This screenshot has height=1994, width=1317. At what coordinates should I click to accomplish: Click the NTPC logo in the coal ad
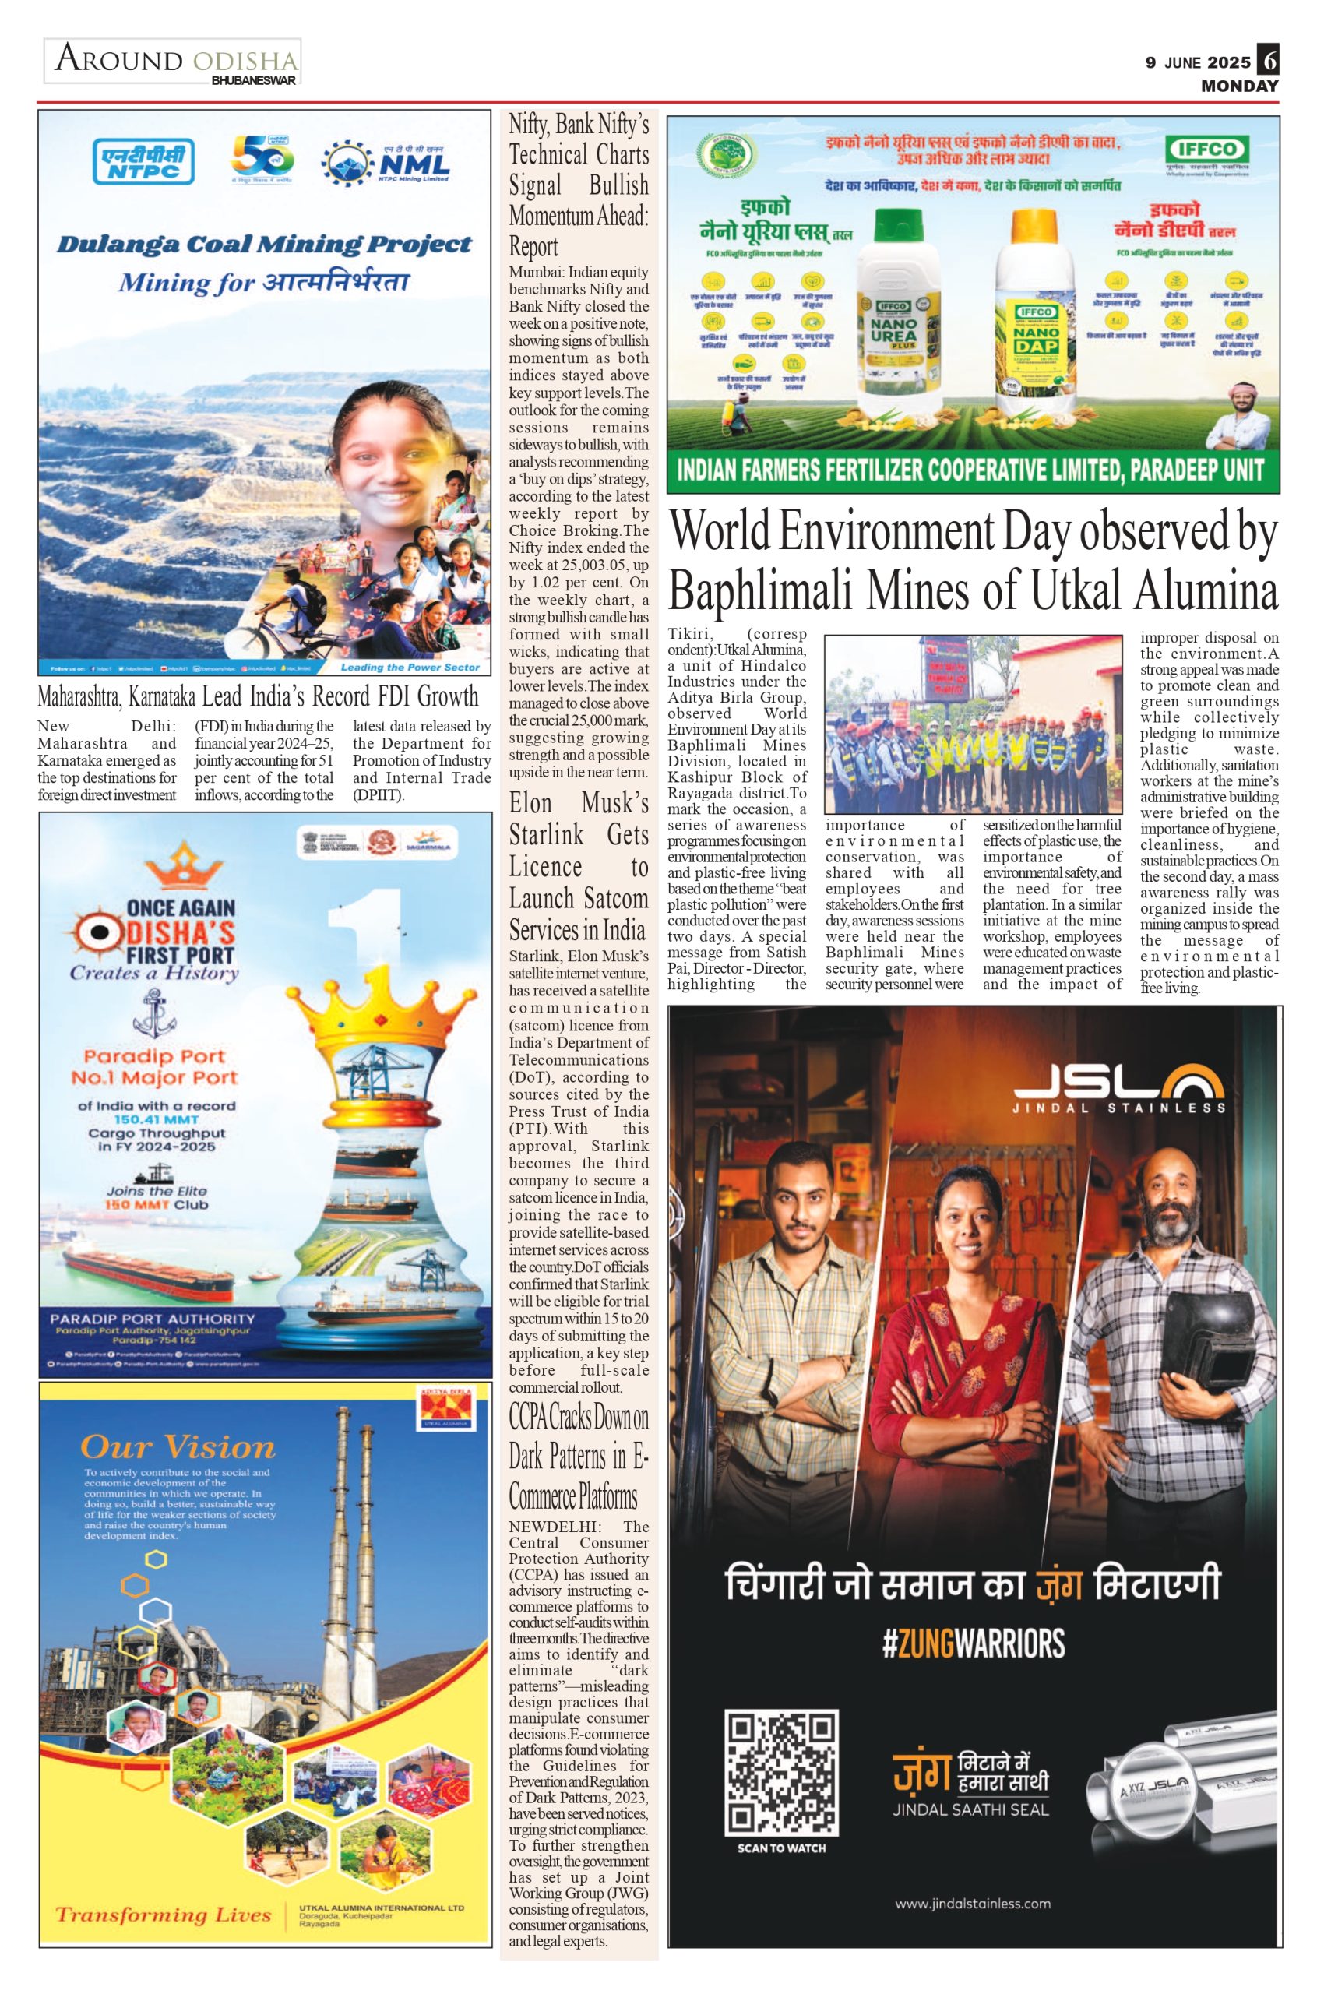(x=143, y=161)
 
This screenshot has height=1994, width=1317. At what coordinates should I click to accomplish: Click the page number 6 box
(x=1267, y=62)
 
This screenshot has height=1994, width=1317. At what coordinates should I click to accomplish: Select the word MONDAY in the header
(x=1239, y=86)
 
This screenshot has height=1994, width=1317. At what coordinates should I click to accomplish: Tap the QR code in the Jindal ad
(x=781, y=1771)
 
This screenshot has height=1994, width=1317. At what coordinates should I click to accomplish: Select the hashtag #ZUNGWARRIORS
(x=974, y=1643)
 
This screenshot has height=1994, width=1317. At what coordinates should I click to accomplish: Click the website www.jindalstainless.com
(x=973, y=1904)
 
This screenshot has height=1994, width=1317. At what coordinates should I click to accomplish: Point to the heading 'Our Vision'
(x=178, y=1446)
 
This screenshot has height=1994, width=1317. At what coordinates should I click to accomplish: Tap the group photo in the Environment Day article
(x=973, y=724)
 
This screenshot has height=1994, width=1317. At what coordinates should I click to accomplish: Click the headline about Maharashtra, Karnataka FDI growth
(x=258, y=696)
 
